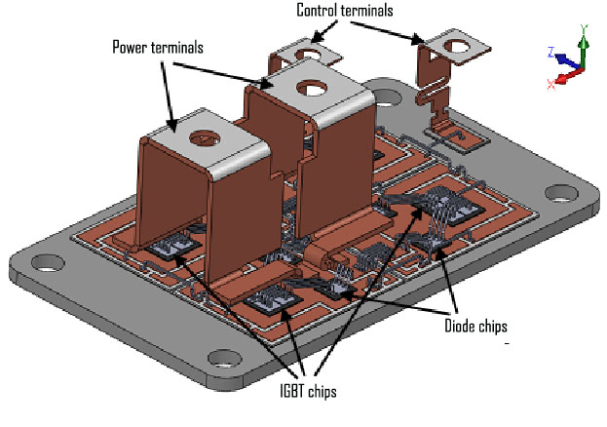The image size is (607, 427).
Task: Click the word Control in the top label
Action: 319,11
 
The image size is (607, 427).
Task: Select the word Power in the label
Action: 131,46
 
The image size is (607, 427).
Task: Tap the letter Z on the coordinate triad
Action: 551,51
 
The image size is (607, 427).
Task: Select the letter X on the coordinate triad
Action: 551,84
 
